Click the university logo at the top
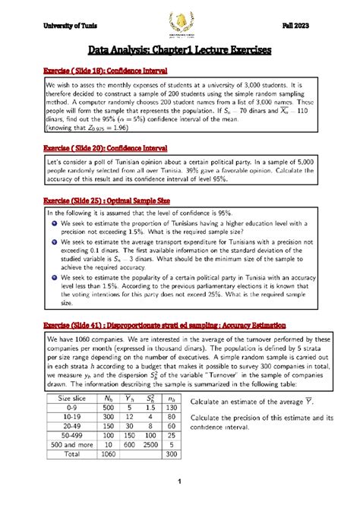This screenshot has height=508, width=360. (180, 24)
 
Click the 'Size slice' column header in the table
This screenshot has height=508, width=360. (72, 398)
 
